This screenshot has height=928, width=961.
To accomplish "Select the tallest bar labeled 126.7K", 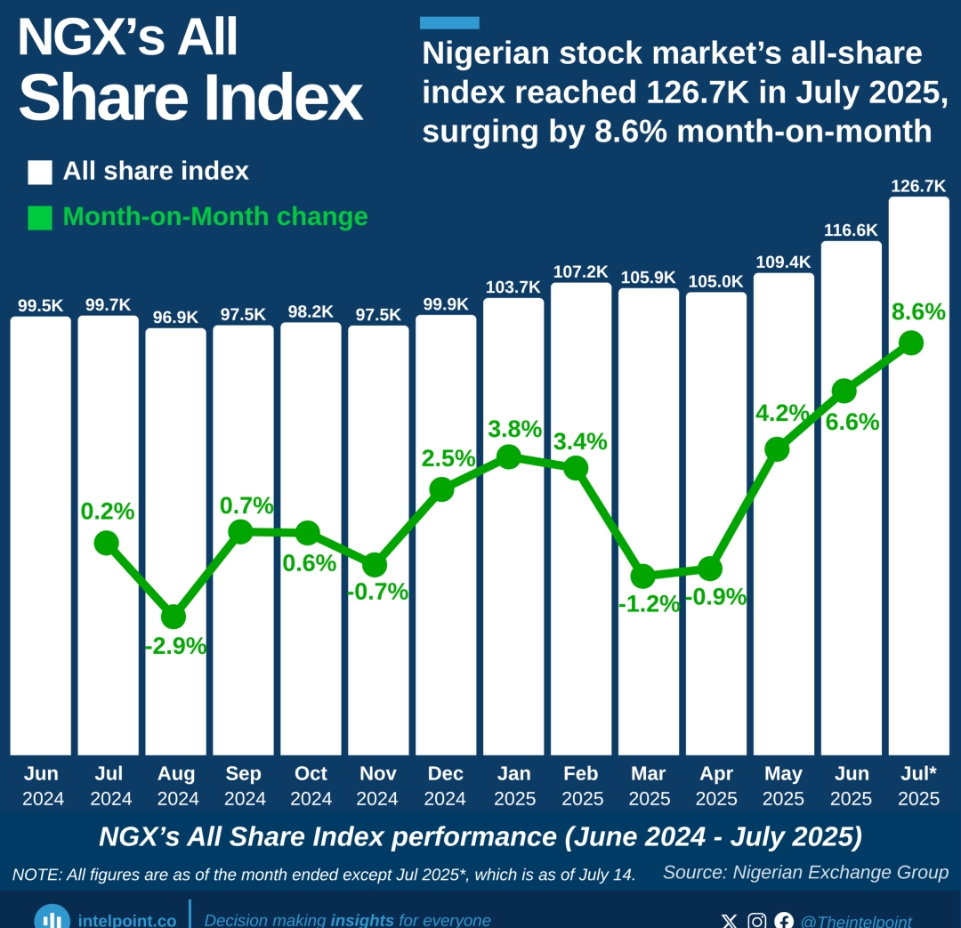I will point(919,534).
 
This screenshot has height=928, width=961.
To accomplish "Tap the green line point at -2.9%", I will point(174,617).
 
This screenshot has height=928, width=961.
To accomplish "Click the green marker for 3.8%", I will point(508,457).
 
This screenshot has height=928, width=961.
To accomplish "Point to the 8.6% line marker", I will point(910,343).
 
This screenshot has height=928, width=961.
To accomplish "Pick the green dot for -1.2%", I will point(642,576).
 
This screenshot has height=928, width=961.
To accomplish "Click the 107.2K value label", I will point(580,271).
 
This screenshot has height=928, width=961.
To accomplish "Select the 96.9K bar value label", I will point(175,317).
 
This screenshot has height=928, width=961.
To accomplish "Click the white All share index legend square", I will point(40,172).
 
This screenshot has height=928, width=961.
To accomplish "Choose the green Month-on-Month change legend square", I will point(40,217).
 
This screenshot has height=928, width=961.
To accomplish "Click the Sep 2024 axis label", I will point(243,786).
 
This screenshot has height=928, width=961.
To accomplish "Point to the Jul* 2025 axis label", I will point(918,786).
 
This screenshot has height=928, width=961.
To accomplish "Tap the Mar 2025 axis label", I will point(649,786).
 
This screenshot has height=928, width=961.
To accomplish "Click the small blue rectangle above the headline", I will point(449,22).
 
